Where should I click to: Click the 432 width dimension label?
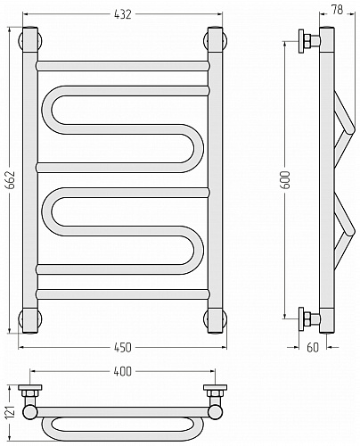[122, 14]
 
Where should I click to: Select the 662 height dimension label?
[11, 180]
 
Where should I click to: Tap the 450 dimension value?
[122, 347]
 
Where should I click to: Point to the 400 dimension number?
[122, 371]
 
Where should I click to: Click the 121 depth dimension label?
[11, 412]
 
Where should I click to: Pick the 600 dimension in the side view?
[285, 180]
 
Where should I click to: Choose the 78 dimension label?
[337, 10]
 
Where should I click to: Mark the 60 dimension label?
[313, 347]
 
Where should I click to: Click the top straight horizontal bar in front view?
[122, 66]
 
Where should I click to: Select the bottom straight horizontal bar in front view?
[122, 294]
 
